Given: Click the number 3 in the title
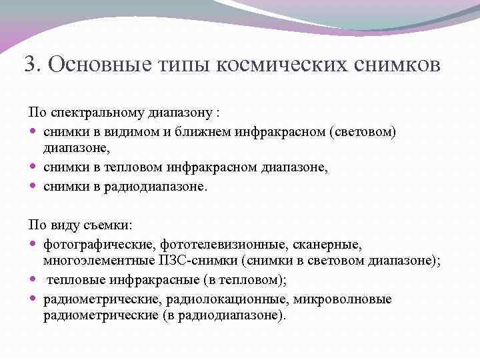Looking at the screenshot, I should click(29, 65).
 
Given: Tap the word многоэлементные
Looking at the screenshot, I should click(93, 261).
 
